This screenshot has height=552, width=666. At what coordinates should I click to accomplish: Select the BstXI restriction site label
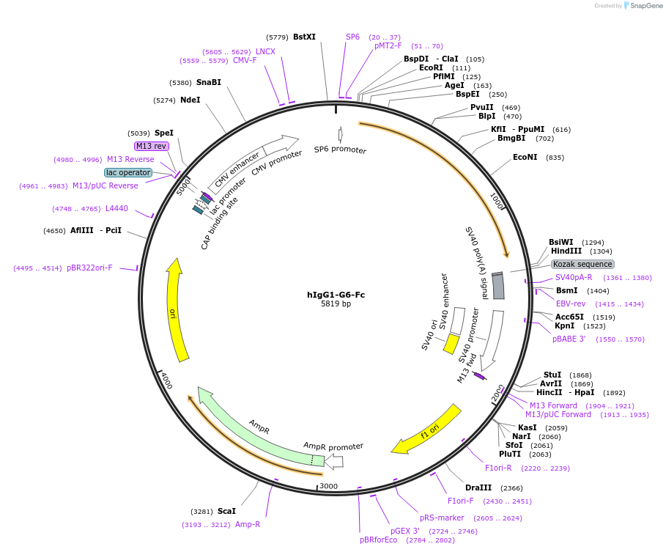(304, 37)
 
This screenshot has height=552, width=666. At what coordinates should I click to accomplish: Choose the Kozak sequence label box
(582, 264)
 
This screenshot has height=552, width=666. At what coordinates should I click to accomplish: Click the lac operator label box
(128, 173)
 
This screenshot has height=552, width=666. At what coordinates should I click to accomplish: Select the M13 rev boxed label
(151, 146)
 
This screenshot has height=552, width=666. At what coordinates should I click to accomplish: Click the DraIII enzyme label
(478, 488)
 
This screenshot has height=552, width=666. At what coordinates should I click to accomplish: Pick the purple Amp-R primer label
(248, 524)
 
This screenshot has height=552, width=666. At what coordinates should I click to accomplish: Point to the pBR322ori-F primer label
(89, 268)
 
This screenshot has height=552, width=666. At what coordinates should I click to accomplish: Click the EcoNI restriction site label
(525, 157)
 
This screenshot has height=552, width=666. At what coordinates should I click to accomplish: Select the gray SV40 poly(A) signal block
(498, 286)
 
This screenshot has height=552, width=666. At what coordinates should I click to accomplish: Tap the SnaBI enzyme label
(208, 82)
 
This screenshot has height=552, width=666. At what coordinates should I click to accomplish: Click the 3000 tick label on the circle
(329, 486)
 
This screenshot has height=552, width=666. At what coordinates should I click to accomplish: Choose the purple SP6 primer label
(352, 37)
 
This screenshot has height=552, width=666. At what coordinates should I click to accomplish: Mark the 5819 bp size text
(336, 304)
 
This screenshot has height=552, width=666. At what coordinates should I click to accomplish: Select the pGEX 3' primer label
(405, 531)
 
